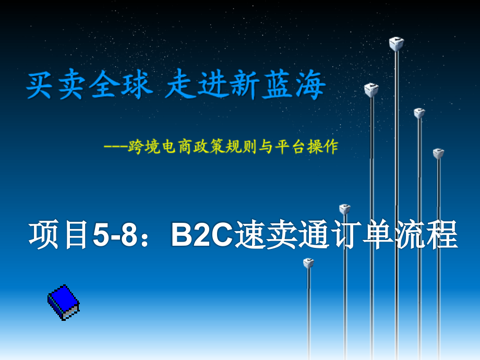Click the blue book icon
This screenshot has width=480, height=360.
click(63, 302)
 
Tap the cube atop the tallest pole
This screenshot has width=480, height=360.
click(396, 44)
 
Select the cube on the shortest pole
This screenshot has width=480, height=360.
click(308, 263)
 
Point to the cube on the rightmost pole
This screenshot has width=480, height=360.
click(438, 153)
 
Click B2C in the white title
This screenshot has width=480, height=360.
click(201, 236)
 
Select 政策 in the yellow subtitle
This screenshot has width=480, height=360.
click(210, 147)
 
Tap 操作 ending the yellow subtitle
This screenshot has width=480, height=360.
click(326, 147)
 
